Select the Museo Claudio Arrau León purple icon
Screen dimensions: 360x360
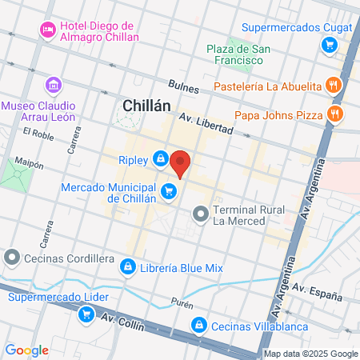[54, 84]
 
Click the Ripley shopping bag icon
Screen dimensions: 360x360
[162, 158]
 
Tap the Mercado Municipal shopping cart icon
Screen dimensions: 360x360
[168, 190]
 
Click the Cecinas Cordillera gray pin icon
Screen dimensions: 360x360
[11, 258]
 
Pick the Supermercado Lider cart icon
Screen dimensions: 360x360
[85, 314]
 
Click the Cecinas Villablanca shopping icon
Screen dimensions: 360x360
[198, 325]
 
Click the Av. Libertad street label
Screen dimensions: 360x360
[206, 123]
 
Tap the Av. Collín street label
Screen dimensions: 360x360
[118, 319]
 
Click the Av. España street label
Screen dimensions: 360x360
[311, 286]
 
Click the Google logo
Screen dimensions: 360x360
[27, 350]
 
